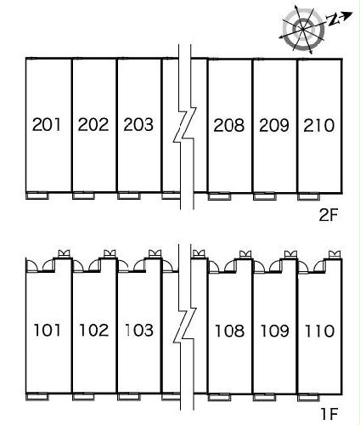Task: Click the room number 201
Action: tap(47, 125)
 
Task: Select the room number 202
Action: tap(93, 125)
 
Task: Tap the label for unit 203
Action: tap(138, 125)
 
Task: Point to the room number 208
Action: tap(229, 125)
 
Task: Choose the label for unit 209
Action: tap(274, 125)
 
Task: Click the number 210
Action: tap(319, 125)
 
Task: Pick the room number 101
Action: tap(48, 330)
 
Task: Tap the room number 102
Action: tap(94, 330)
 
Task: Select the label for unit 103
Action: tap(139, 330)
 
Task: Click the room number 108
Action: tap(229, 331)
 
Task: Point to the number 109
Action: tap(274, 331)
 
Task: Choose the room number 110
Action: tap(319, 331)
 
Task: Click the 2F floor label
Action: tap(329, 216)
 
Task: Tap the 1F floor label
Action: tap(329, 414)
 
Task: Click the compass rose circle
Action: tap(303, 29)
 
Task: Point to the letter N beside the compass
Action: tap(333, 20)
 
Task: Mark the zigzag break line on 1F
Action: tap(185, 326)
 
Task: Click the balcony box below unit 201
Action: tap(37, 195)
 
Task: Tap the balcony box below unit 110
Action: tap(308, 398)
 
